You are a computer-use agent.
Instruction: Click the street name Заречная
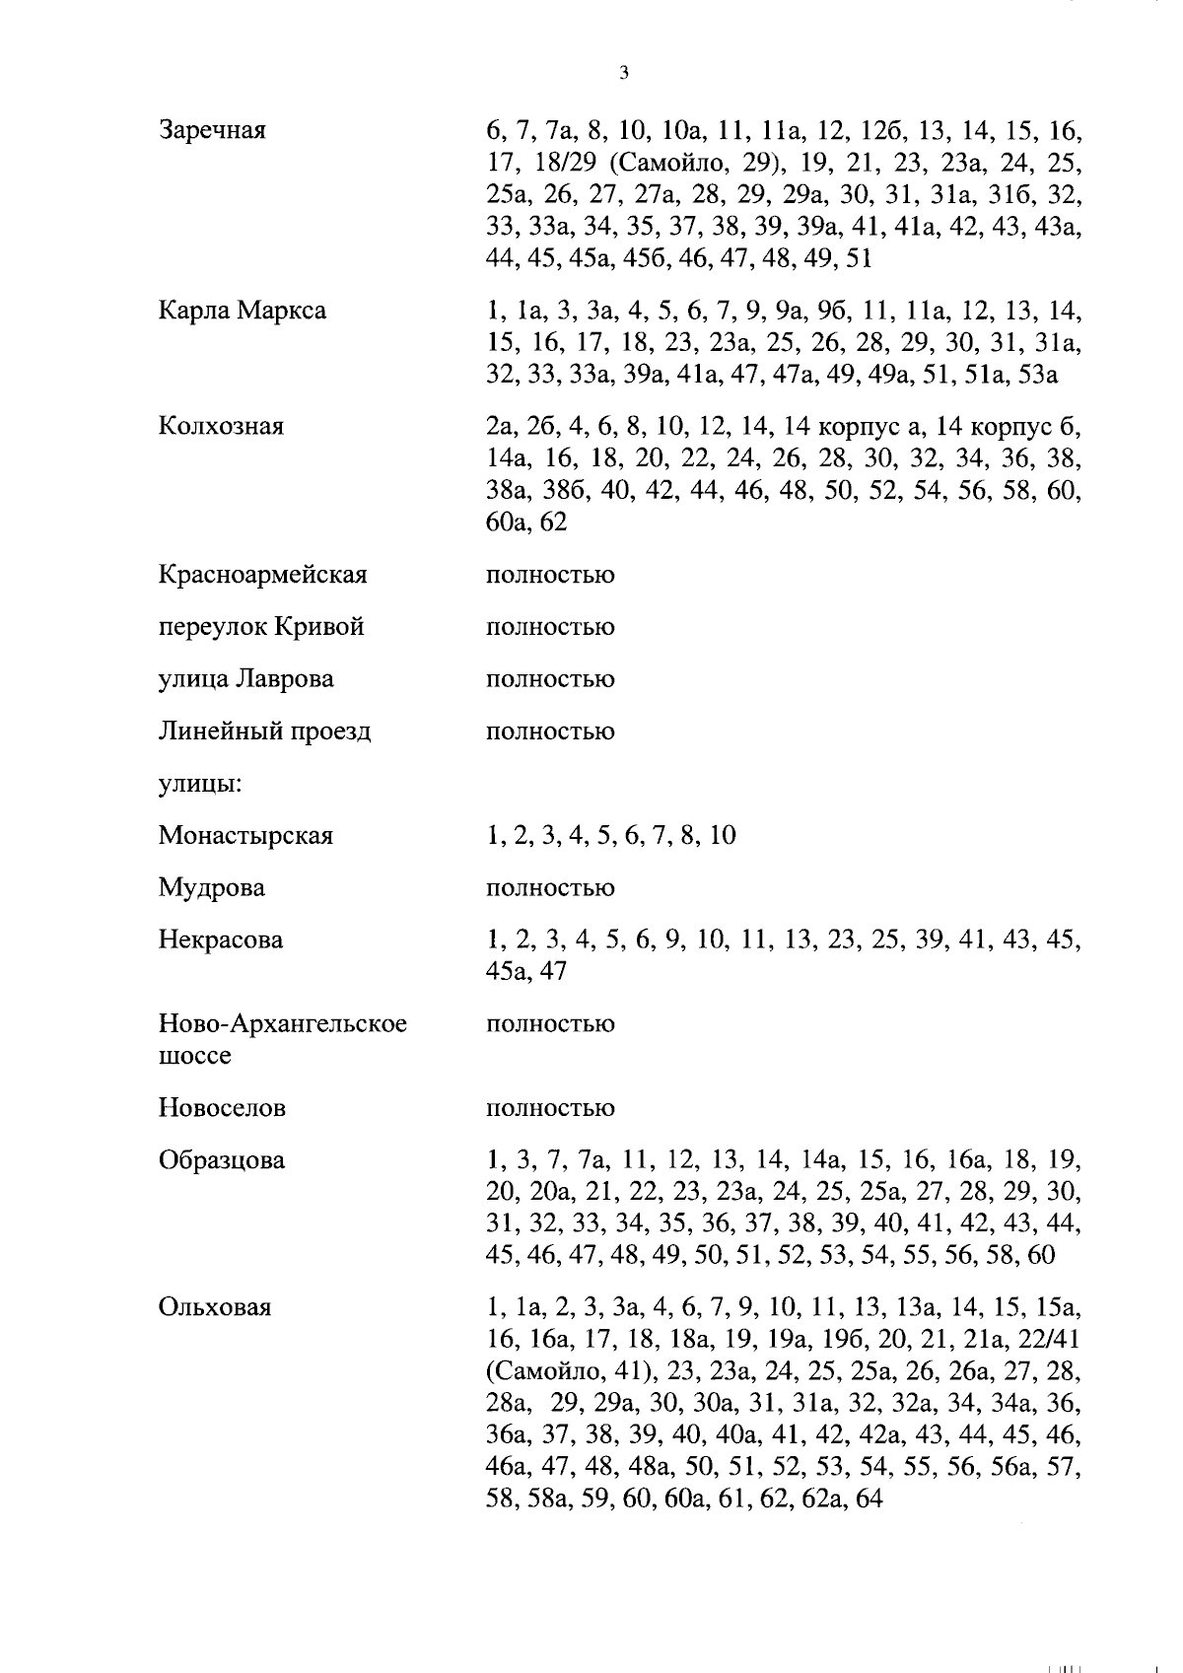[x=212, y=130]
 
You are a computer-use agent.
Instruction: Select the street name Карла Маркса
[x=242, y=311]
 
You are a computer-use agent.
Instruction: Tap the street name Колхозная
[x=221, y=426]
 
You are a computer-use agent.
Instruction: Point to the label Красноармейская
[x=262, y=574]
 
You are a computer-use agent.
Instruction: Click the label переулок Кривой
[x=261, y=627]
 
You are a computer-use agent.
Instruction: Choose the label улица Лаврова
[x=245, y=679]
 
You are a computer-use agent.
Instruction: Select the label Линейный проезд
[x=264, y=732]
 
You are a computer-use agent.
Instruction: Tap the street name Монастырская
[x=245, y=836]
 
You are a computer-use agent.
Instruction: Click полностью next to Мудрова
[x=550, y=888]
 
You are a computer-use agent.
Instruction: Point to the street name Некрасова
[x=221, y=940]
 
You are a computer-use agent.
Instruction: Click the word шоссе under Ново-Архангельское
[x=194, y=1056]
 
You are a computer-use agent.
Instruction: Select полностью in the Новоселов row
[x=550, y=1108]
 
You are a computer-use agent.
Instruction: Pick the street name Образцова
[x=222, y=1160]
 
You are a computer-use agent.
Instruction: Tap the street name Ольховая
[x=214, y=1307]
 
